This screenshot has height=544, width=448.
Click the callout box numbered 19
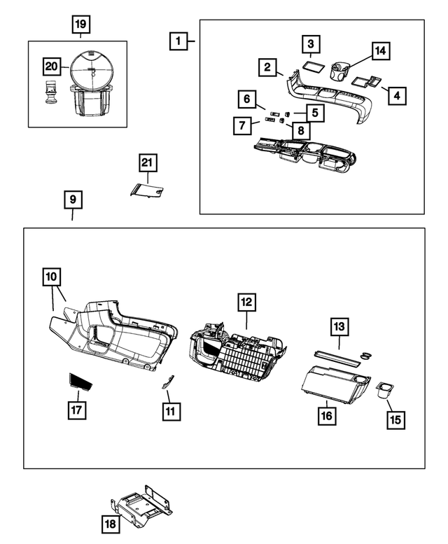pos(80,25)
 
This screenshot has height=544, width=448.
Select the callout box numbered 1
pos(178,41)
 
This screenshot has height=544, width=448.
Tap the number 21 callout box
pos(148,162)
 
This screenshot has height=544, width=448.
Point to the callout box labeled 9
pos(73,200)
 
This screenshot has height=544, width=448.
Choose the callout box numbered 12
pos(246,302)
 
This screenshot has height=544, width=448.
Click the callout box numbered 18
pos(111,524)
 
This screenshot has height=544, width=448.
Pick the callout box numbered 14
pos(381,51)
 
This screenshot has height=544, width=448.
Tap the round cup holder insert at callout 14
pos(339,71)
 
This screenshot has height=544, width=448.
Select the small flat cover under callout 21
pos(147,190)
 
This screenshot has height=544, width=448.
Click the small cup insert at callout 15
pos(385,390)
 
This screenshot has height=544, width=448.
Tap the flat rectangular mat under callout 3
pos(314,66)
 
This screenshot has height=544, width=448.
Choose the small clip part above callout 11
pos(169,382)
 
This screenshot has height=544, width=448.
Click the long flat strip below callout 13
pos(336,358)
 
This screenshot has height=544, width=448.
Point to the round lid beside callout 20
pos(92,70)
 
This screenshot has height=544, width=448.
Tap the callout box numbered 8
pos(301,130)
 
